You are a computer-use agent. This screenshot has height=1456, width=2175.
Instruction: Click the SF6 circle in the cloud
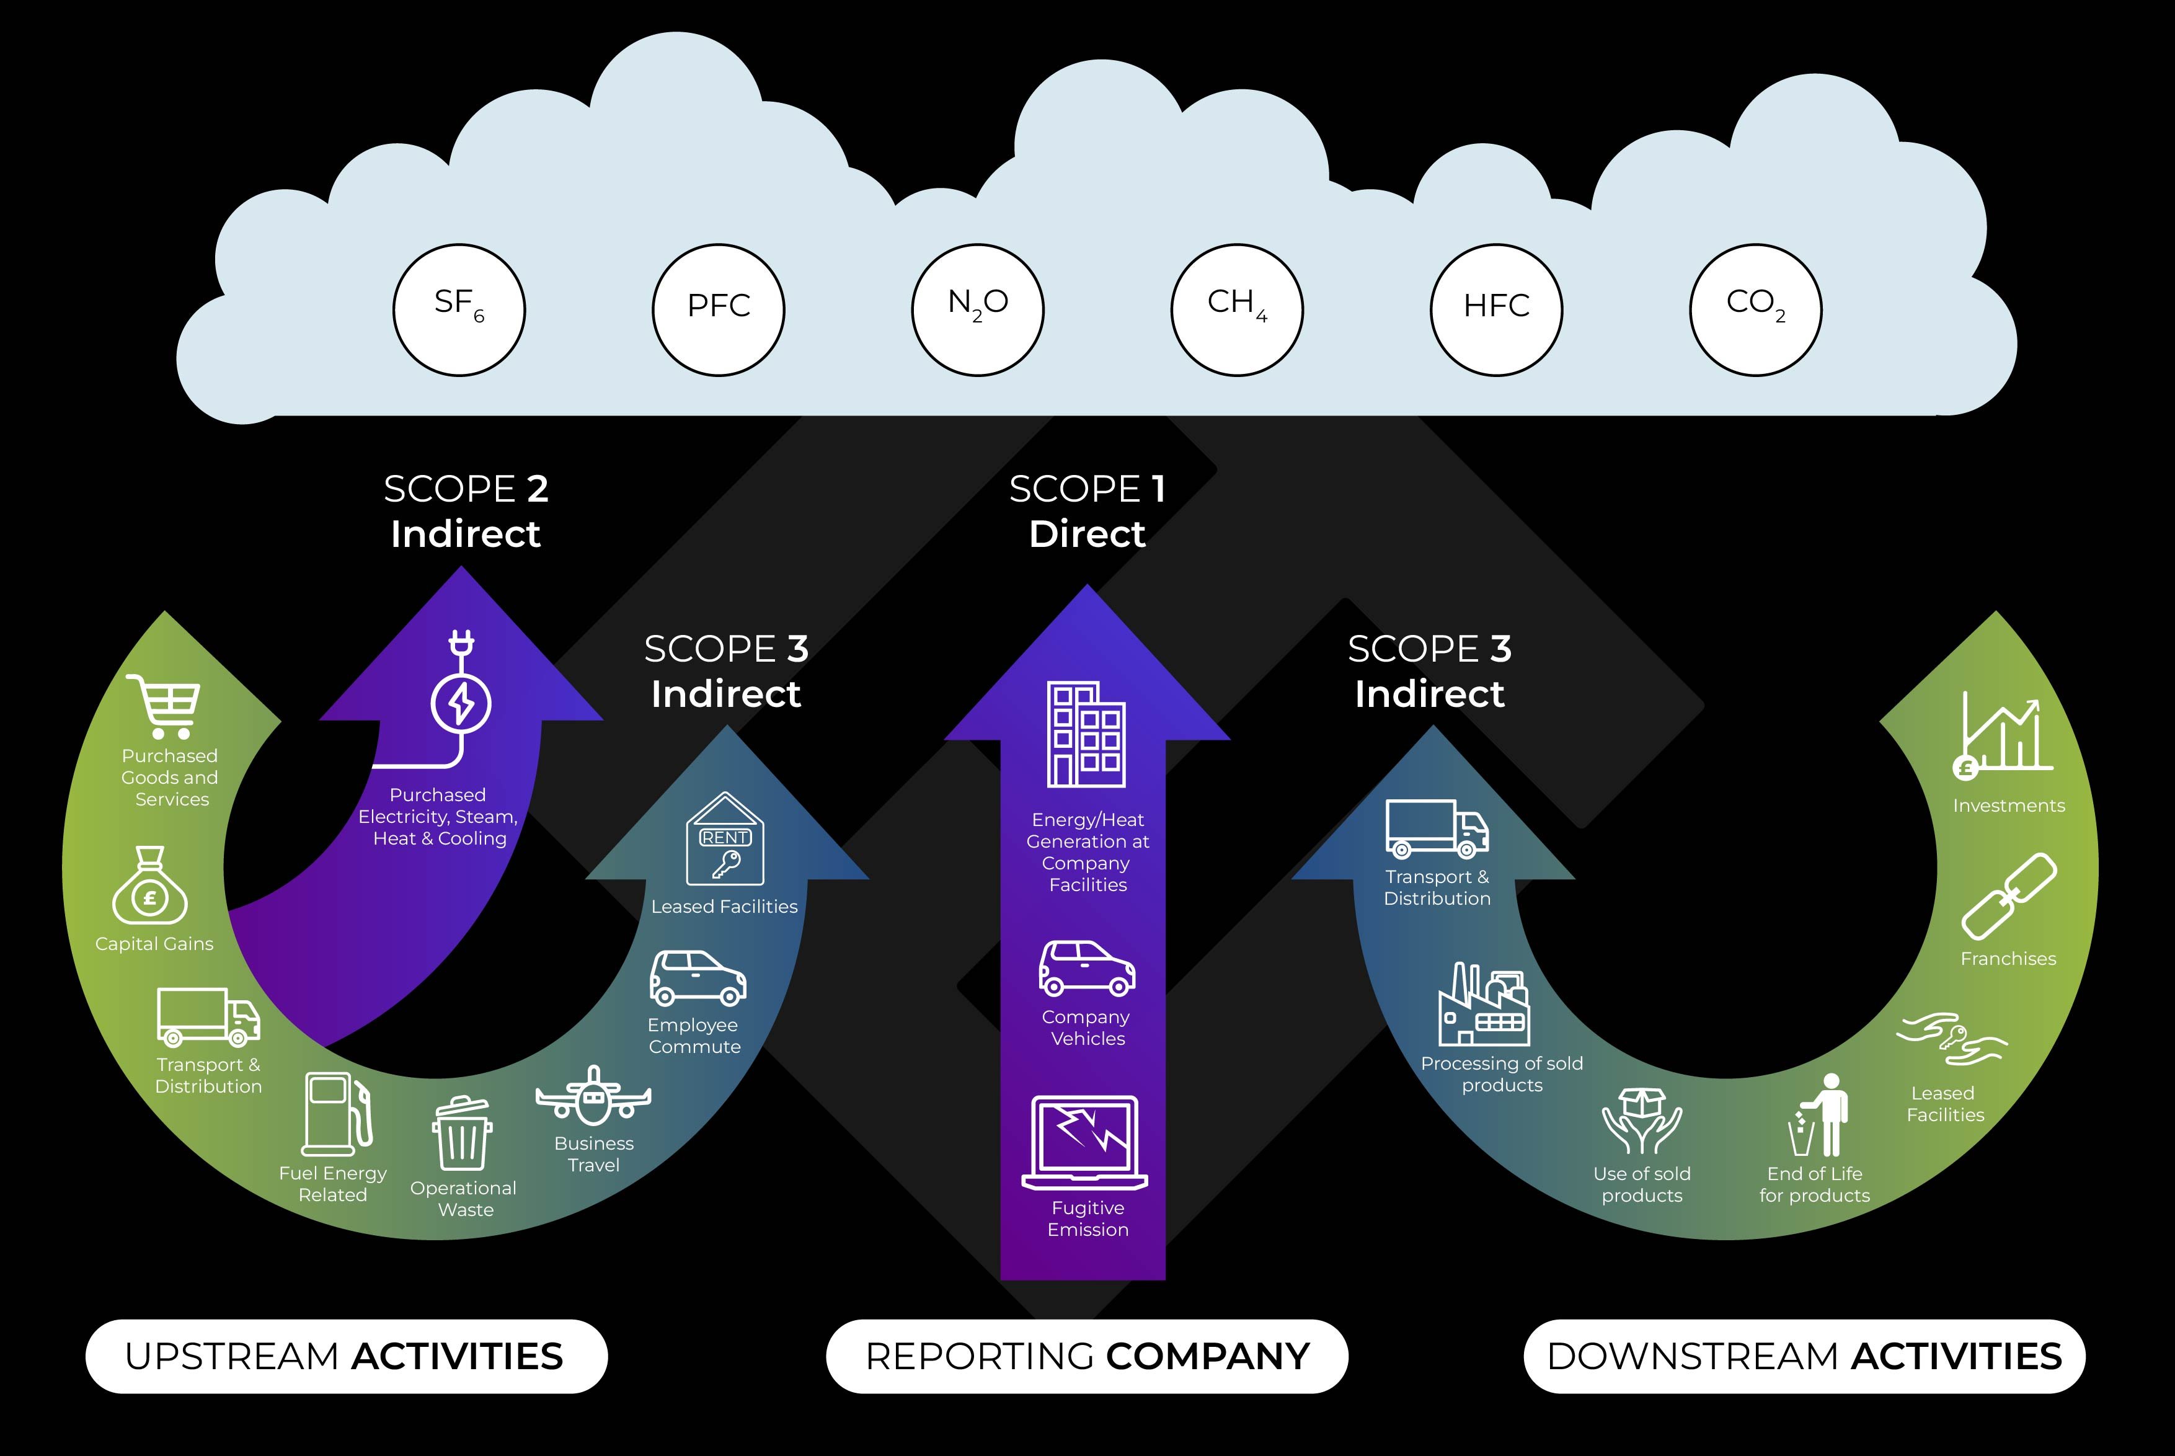point(459,309)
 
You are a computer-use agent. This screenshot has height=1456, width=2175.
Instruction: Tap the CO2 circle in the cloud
point(1755,309)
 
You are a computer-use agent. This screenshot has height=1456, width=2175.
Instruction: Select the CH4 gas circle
point(1236,309)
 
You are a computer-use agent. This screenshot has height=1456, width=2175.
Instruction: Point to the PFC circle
point(717,309)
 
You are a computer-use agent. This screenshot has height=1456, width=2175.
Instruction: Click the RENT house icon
point(725,840)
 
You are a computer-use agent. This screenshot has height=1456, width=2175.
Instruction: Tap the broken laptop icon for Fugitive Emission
point(1085,1143)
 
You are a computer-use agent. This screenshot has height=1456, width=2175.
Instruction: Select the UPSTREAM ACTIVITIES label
point(345,1357)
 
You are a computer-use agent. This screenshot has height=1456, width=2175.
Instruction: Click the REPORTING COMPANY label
point(1086,1357)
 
